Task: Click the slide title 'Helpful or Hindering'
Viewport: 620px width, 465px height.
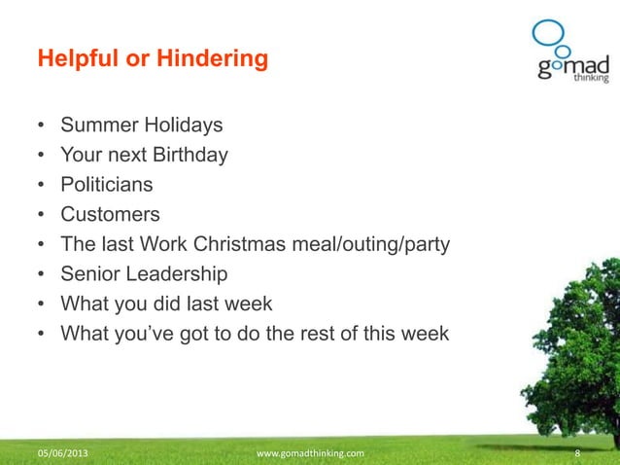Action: tap(152, 60)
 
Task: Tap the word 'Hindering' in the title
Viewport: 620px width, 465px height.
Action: tap(218, 60)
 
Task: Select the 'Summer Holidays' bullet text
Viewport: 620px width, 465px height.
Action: tap(142, 125)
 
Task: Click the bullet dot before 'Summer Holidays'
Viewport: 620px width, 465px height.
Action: tap(42, 126)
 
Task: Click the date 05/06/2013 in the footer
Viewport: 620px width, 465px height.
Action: tap(67, 453)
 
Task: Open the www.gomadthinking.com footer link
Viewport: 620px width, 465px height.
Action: tap(309, 453)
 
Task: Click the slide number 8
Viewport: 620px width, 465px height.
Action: tap(578, 453)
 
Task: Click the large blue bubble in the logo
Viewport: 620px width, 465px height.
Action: tap(546, 34)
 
